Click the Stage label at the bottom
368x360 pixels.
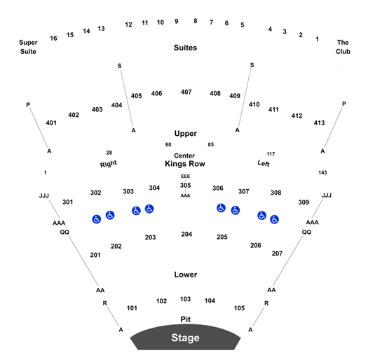click(185, 338)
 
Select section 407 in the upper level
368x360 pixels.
click(186, 92)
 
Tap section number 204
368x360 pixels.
click(186, 234)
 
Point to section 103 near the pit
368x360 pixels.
click(185, 299)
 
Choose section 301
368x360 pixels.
click(67, 202)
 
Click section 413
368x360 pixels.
click(319, 123)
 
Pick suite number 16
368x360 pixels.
click(53, 39)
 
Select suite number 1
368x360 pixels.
click(317, 39)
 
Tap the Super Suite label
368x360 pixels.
click(28, 47)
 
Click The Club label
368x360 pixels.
click(343, 47)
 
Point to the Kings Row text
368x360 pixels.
click(185, 164)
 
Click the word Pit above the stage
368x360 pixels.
click(186, 319)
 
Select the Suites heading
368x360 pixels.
click(185, 48)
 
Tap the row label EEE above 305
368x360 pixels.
click(185, 176)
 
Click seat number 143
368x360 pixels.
click(322, 172)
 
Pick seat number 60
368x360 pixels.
click(168, 144)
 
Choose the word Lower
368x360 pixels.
click(186, 275)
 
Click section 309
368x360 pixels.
click(304, 202)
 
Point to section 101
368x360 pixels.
click(132, 308)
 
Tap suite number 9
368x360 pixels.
click(177, 21)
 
